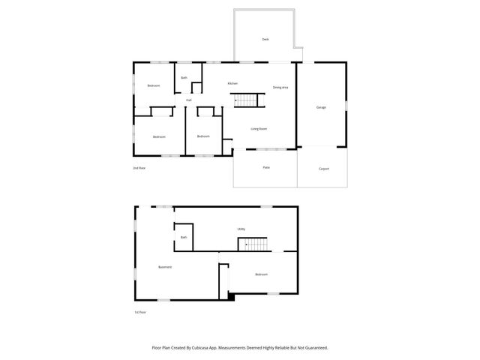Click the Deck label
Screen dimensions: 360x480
point(265,38)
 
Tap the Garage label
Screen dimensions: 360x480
point(321,107)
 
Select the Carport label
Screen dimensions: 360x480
point(324,169)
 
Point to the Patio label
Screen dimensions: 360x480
point(266,167)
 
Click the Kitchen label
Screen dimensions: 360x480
point(232,82)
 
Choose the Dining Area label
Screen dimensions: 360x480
point(280,88)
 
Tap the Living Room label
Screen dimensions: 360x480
point(259,128)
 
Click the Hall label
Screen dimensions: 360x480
point(189,100)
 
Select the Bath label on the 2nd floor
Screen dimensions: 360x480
point(184,77)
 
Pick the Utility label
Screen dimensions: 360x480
point(241,229)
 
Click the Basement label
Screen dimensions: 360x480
point(165,267)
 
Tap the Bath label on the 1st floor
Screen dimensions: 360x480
point(184,237)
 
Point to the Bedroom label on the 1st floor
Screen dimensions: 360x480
point(261,274)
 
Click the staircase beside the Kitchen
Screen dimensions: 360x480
point(247,100)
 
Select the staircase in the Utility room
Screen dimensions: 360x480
point(253,244)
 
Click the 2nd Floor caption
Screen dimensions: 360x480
point(139,168)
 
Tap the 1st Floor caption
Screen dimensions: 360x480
point(139,312)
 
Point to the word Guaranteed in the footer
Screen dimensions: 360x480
point(314,348)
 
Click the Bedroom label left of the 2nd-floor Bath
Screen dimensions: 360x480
point(154,85)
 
